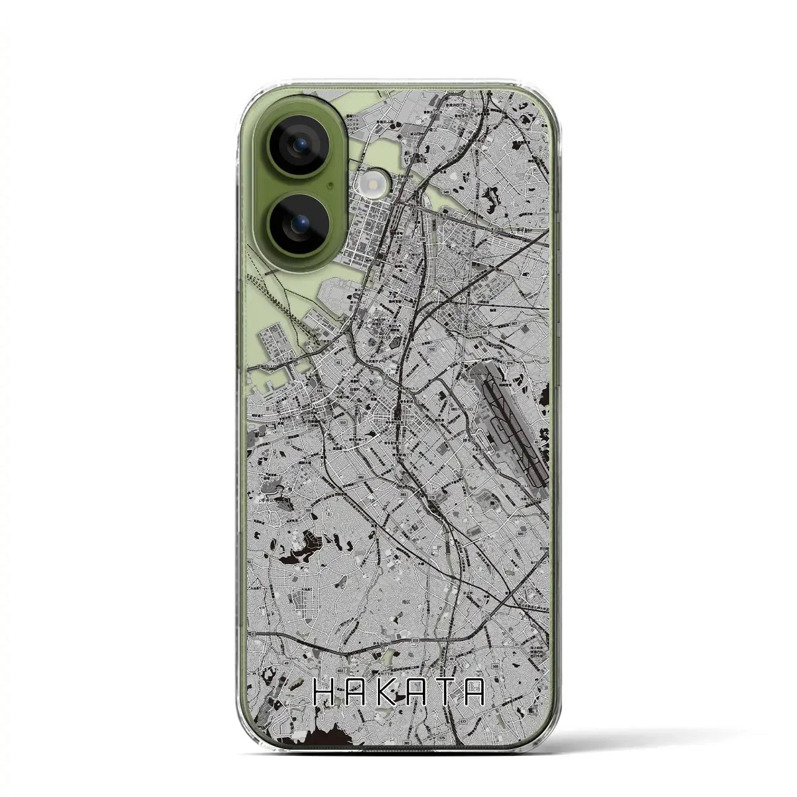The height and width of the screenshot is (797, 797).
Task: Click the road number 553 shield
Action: click(343, 422)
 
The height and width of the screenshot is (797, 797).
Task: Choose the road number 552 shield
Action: click(414, 350)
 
